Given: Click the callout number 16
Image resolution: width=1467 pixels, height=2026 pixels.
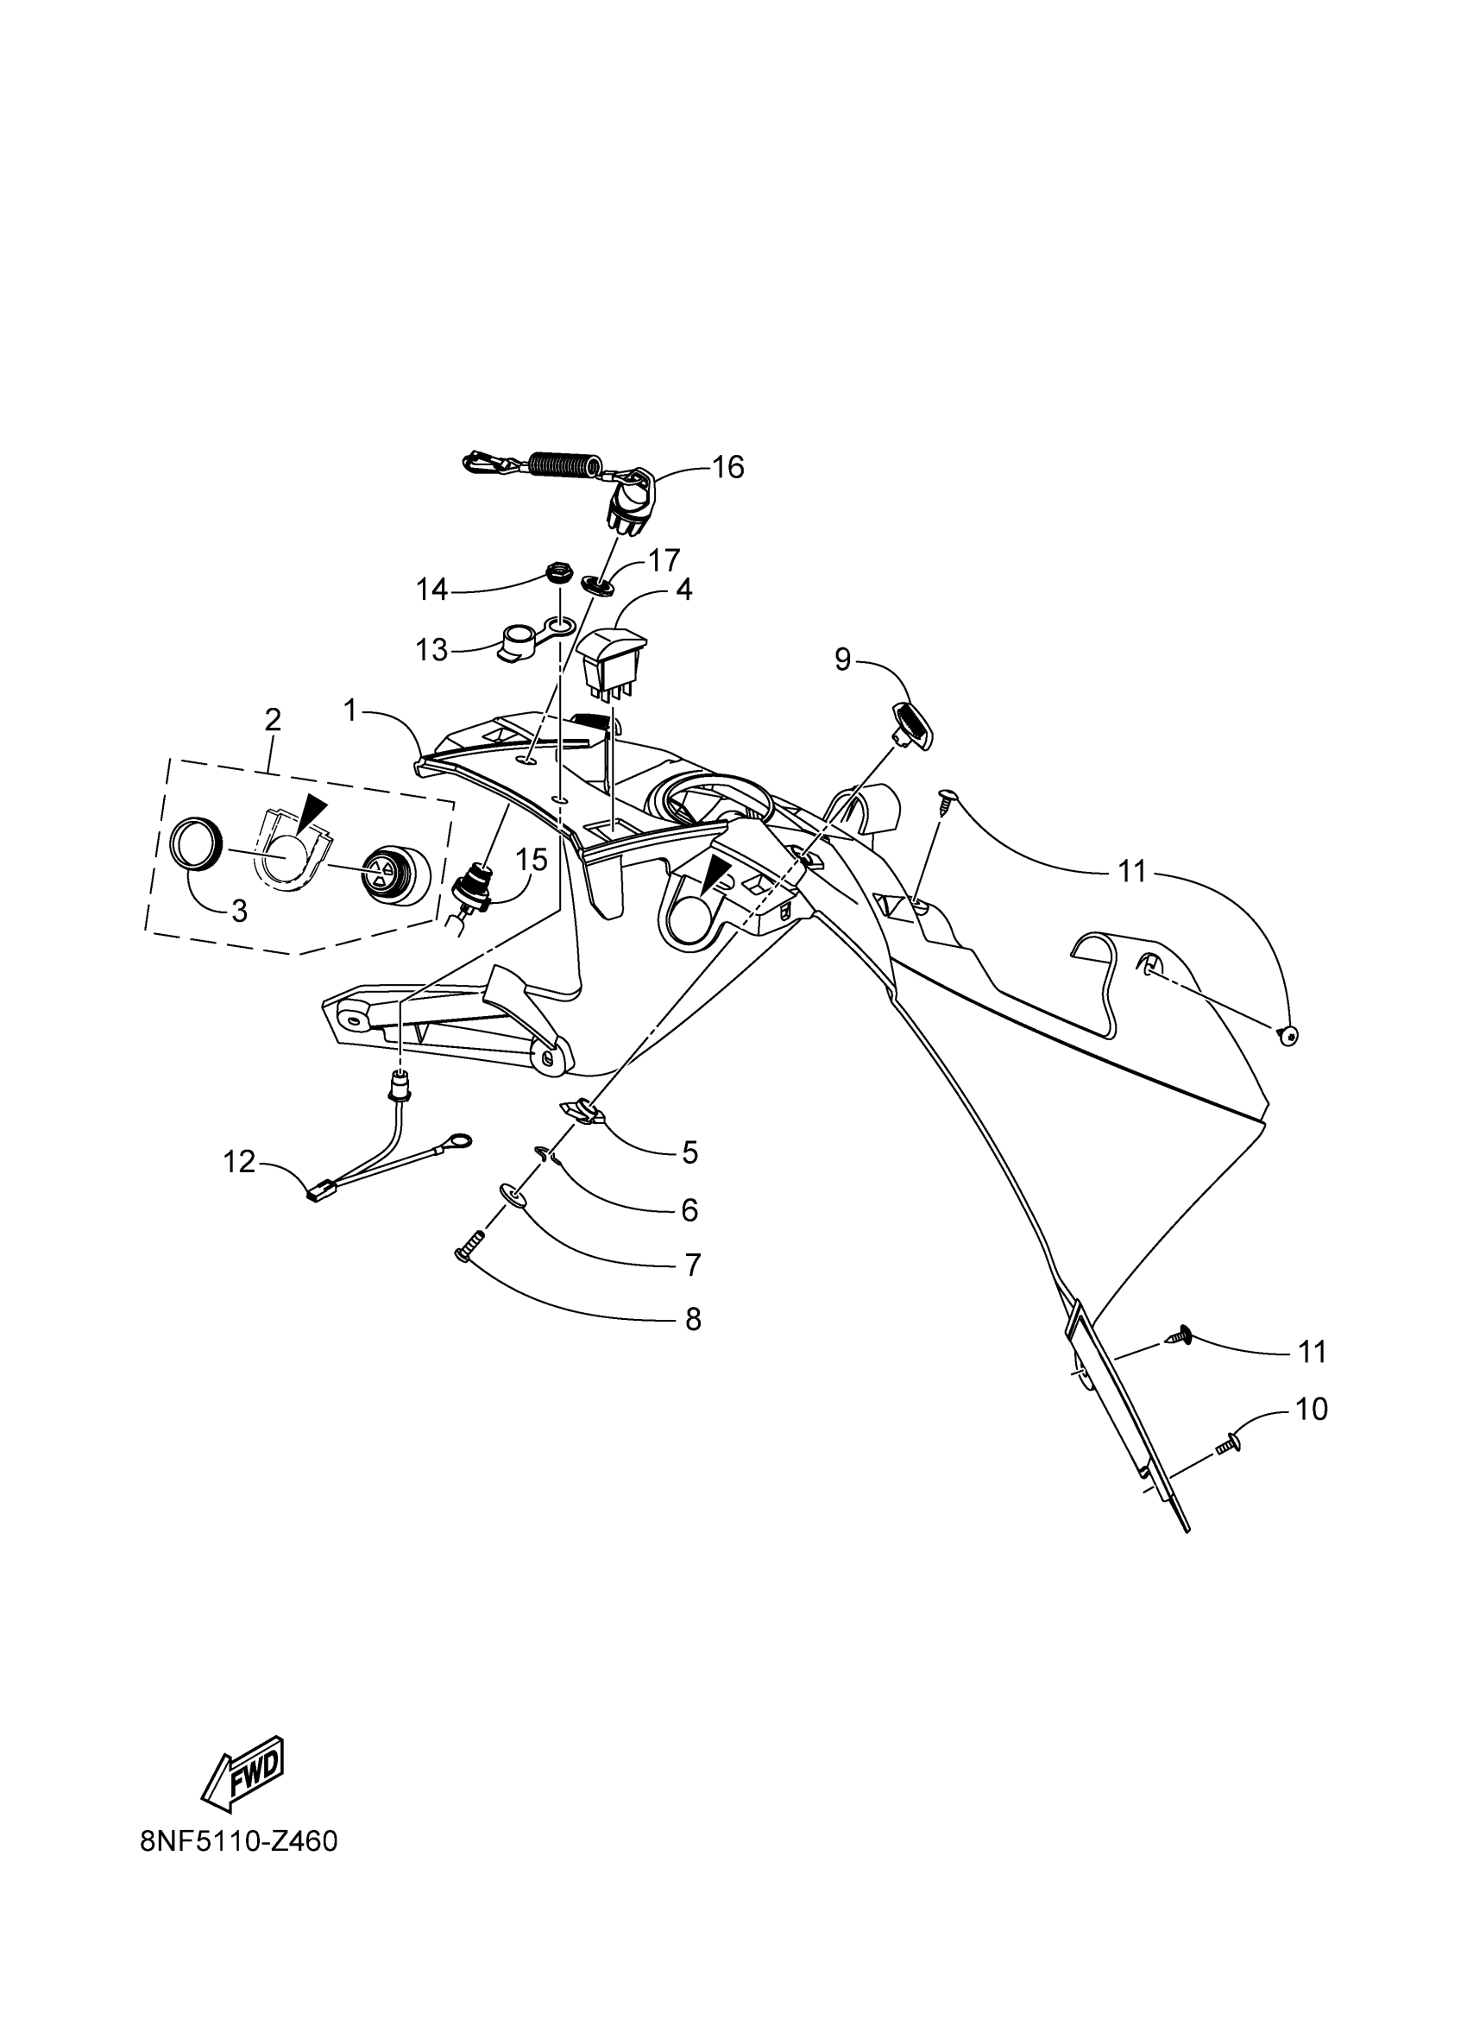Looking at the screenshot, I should click(x=727, y=467).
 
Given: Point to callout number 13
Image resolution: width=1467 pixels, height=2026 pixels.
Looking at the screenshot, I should click(x=432, y=649).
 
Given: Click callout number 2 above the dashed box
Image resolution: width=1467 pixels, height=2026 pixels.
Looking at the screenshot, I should click(x=273, y=719).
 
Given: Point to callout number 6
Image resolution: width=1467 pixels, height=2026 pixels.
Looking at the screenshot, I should click(x=689, y=1209).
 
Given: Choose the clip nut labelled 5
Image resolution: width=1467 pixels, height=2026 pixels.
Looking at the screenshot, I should click(x=582, y=1112).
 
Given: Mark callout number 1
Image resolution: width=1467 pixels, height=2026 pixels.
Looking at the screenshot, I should click(x=351, y=711).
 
